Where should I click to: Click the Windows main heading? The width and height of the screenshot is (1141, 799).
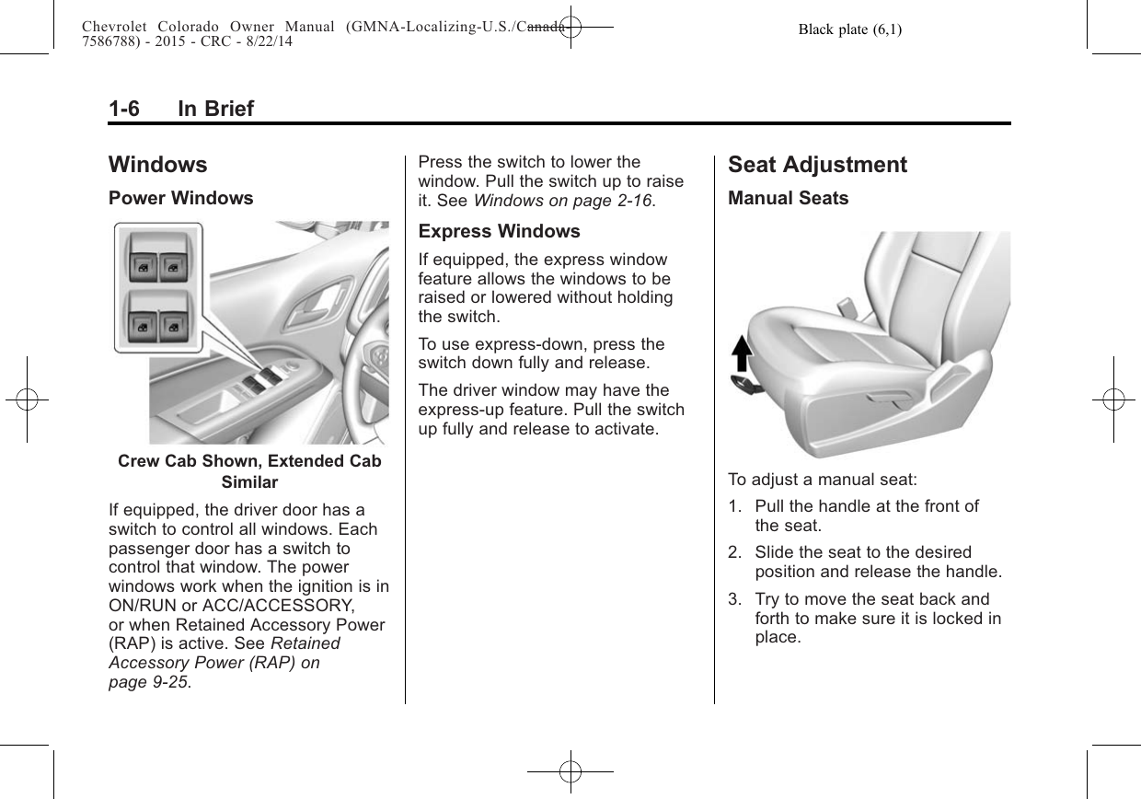[x=158, y=165]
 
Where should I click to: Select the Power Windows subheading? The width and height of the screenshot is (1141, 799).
[x=181, y=198]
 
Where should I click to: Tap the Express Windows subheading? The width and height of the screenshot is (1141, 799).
[x=499, y=231]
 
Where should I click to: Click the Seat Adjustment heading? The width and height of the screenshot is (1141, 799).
[x=817, y=165]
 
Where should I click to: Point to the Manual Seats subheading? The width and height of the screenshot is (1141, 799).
[x=788, y=198]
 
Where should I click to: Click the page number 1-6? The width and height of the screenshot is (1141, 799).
[x=124, y=109]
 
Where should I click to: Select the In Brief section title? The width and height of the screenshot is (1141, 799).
[x=215, y=109]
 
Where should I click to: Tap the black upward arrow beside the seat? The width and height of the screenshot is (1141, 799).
[x=742, y=353]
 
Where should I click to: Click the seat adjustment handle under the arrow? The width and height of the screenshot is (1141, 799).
[x=744, y=383]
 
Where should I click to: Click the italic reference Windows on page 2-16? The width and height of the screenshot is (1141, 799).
[x=562, y=201]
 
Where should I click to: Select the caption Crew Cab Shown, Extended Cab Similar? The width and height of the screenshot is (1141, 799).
[x=249, y=471]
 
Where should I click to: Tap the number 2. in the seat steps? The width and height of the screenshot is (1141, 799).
[x=734, y=552]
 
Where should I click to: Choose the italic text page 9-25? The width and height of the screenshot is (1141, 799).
[x=149, y=682]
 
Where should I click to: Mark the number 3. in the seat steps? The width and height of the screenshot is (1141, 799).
[x=734, y=599]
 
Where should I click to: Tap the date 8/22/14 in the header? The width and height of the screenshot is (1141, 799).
[x=269, y=41]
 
